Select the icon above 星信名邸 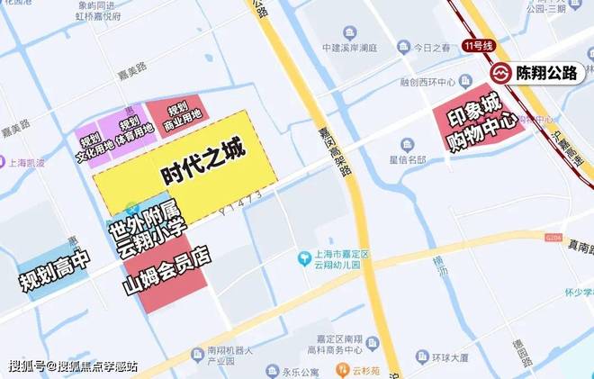(408, 145)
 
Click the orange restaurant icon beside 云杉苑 (342, 369)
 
